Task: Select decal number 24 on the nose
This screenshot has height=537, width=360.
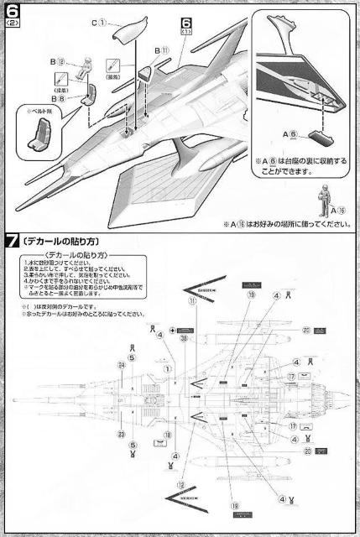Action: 121,365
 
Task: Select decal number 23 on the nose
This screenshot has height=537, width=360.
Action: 121,435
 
